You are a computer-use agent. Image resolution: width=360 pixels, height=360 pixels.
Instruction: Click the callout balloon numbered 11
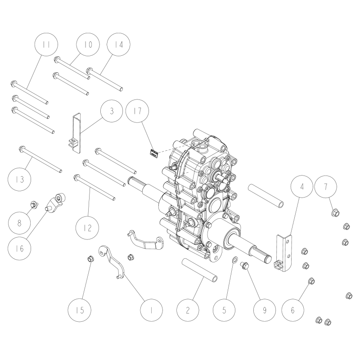point(46,44)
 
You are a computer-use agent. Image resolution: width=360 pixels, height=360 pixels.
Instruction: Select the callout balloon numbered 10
point(88,44)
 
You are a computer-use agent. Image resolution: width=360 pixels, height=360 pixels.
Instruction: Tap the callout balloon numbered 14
point(119,44)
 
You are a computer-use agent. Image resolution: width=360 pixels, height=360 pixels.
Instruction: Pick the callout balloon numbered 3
point(112,111)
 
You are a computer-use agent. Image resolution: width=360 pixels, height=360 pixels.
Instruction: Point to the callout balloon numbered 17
point(138,111)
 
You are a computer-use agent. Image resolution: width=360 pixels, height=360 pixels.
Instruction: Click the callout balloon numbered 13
point(19,180)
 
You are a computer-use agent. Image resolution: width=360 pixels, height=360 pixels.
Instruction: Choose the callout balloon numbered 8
point(19,223)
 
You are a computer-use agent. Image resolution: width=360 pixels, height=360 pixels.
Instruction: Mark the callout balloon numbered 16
point(19,248)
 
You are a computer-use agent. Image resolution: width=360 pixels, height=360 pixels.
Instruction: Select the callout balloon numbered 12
point(87,228)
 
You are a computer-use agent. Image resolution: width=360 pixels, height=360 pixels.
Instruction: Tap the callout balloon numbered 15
point(80,310)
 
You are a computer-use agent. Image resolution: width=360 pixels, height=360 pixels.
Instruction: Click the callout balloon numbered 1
point(152,310)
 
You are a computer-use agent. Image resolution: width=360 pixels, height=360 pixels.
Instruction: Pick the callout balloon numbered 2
point(188,310)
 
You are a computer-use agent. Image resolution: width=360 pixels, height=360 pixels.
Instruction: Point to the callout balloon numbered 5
point(224,310)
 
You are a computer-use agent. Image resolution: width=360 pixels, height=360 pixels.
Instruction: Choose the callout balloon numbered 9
point(265,310)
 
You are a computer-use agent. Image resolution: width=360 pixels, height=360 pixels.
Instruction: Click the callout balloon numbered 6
point(293,310)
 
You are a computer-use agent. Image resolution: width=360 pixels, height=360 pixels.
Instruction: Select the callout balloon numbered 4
point(302,186)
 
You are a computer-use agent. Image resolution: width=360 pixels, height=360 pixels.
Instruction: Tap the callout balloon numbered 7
point(326,187)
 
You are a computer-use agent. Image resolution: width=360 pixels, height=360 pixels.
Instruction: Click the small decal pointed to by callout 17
point(153,153)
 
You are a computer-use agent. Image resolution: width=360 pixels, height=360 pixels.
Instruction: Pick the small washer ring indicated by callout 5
point(234,260)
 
